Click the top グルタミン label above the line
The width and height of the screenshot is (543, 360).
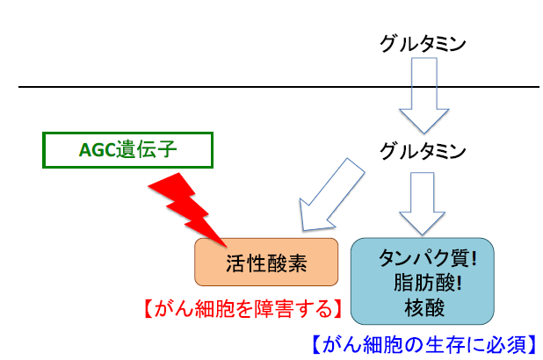[x=422, y=42]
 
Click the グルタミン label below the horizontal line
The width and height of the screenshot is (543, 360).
[x=422, y=151]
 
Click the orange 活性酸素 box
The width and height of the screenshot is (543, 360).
[x=265, y=262]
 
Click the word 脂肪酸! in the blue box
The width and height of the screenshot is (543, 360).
[x=423, y=283]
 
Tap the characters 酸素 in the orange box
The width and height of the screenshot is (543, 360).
[x=280, y=262]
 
